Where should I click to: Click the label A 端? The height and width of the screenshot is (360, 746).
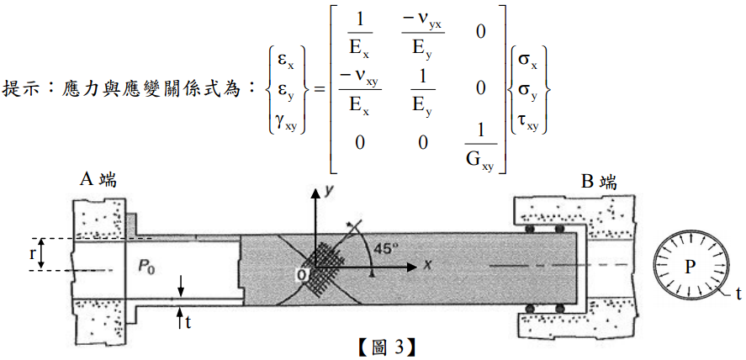(98, 180)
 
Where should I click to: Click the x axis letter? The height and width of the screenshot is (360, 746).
(427, 265)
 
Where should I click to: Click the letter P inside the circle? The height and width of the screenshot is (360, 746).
(690, 267)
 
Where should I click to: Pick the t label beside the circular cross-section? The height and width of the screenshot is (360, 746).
(738, 294)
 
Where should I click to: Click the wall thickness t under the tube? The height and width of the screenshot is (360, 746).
(187, 320)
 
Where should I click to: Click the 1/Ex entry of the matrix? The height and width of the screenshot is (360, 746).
(361, 34)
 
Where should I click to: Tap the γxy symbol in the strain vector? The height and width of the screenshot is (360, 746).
(285, 123)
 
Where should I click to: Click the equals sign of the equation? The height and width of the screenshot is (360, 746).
(318, 87)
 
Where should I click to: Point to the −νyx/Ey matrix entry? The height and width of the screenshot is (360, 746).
(422, 34)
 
